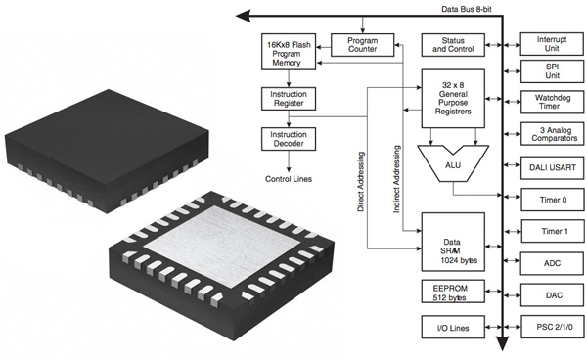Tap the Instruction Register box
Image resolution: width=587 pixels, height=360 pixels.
[289, 99]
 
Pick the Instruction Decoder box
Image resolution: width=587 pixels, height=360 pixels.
[289, 138]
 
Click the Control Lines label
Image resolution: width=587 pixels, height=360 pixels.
[289, 179]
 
